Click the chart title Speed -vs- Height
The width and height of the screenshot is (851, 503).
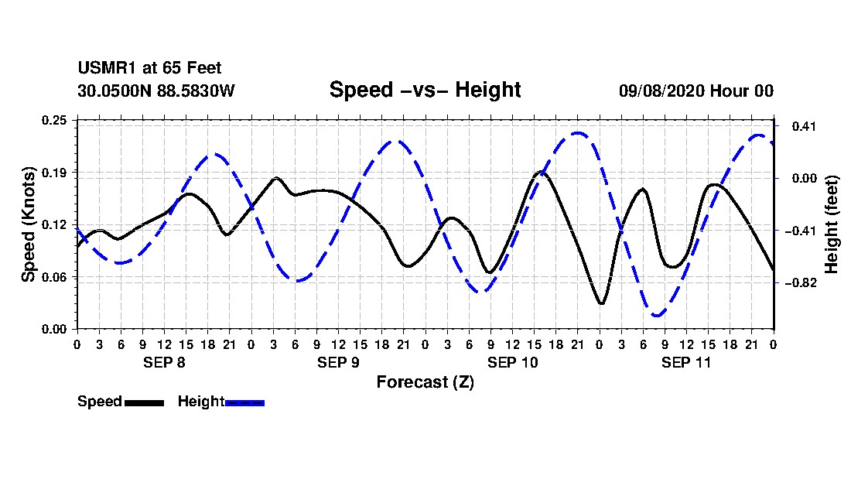point(425,90)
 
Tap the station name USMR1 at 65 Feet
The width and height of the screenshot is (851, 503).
point(150,68)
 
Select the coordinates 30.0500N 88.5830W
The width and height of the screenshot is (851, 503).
point(156,90)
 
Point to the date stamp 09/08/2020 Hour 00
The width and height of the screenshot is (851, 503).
point(696,91)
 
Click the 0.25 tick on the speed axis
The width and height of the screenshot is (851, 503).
point(54,120)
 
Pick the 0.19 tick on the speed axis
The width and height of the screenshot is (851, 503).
point(54,173)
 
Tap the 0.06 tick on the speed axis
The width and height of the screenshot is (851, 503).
point(54,277)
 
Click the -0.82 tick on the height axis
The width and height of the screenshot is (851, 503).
point(805,282)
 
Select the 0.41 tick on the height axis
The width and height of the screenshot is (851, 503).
point(805,126)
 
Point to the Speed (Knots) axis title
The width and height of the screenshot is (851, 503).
point(28,224)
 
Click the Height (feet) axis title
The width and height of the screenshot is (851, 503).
point(832,224)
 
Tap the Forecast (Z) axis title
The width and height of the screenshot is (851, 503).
point(425,382)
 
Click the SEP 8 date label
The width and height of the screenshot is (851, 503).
point(164,362)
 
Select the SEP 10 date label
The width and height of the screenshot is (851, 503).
point(512,362)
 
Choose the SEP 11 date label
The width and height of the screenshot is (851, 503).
point(686,362)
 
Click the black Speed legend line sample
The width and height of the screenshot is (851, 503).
point(144,402)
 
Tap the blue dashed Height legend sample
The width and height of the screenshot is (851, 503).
point(244,402)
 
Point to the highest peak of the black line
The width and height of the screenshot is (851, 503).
point(541,173)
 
